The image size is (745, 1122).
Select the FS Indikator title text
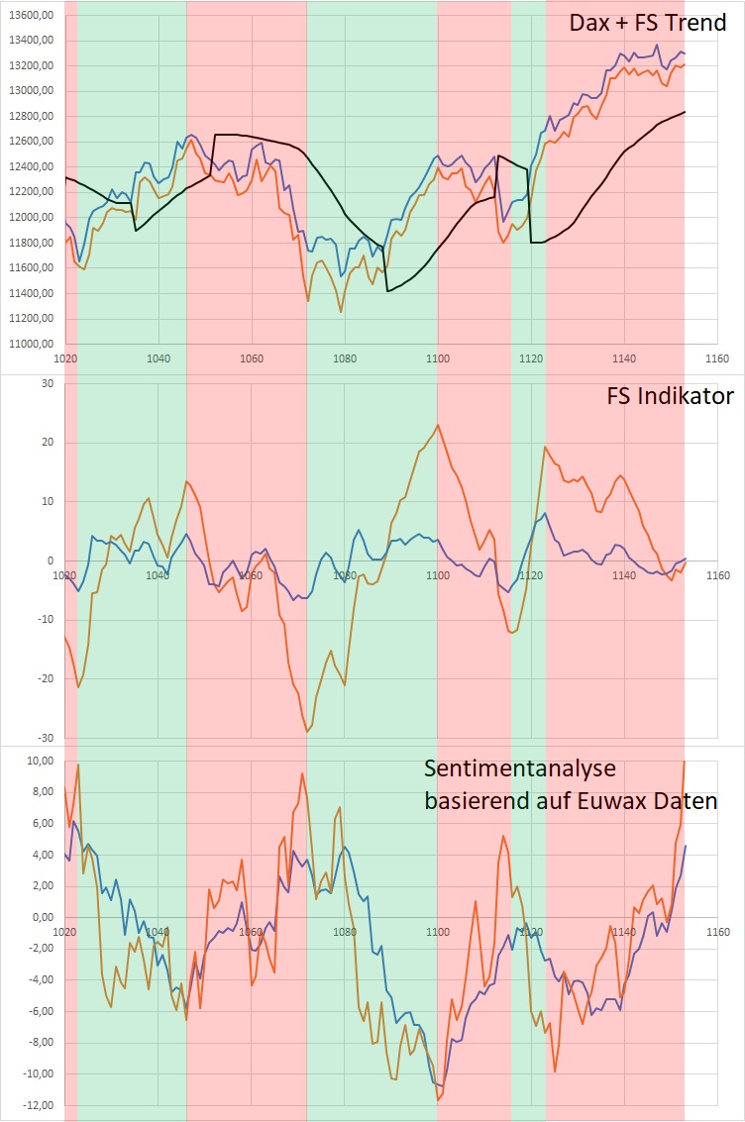(670, 396)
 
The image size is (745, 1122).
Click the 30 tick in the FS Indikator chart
(46, 384)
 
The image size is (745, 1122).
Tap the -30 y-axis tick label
(43, 738)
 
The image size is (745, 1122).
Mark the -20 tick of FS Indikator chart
(43, 678)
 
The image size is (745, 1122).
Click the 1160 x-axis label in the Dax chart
(716, 358)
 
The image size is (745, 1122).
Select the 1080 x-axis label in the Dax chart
(344, 358)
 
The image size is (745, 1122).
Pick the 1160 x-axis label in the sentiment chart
(716, 932)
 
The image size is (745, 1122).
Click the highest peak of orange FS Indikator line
(437, 425)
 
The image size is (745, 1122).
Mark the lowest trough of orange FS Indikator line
(307, 731)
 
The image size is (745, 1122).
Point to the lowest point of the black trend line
(387, 291)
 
